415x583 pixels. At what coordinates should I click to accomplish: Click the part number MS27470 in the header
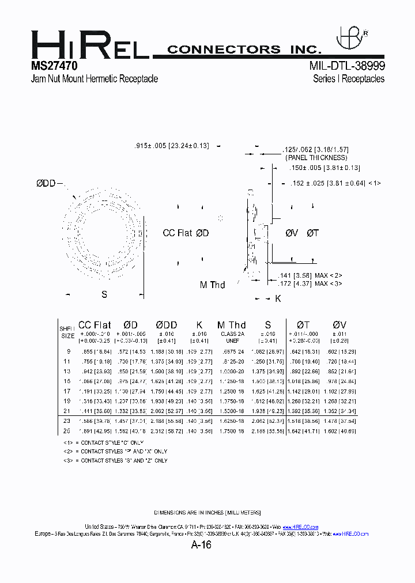pos(55,66)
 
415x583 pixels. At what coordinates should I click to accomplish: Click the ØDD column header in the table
pos(167,325)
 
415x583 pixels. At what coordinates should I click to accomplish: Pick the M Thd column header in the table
pos(232,325)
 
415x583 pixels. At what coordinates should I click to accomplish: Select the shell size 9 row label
pos(69,351)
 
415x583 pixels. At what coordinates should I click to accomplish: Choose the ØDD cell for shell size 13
pos(167,371)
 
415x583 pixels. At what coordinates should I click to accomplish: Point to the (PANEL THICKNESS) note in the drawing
pos(316,157)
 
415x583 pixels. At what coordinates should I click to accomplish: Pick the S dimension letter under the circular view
pos(104,294)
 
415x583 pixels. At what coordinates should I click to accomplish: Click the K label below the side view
pos(277,298)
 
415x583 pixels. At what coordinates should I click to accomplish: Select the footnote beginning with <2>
pos(115,451)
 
